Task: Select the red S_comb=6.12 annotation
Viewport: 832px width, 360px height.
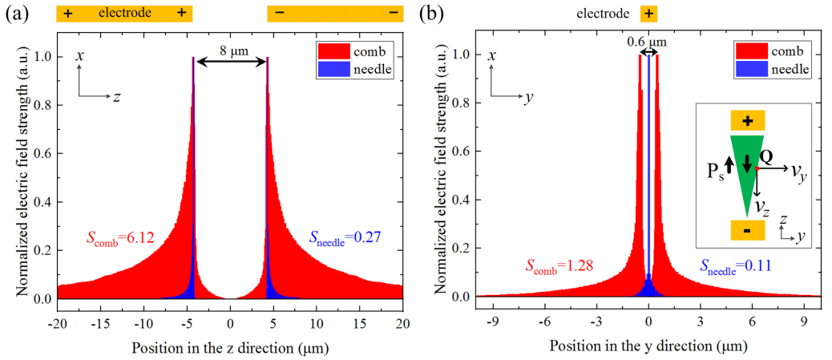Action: point(119,237)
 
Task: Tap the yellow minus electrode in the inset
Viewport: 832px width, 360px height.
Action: point(747,230)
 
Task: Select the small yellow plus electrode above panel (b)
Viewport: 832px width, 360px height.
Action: point(648,14)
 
